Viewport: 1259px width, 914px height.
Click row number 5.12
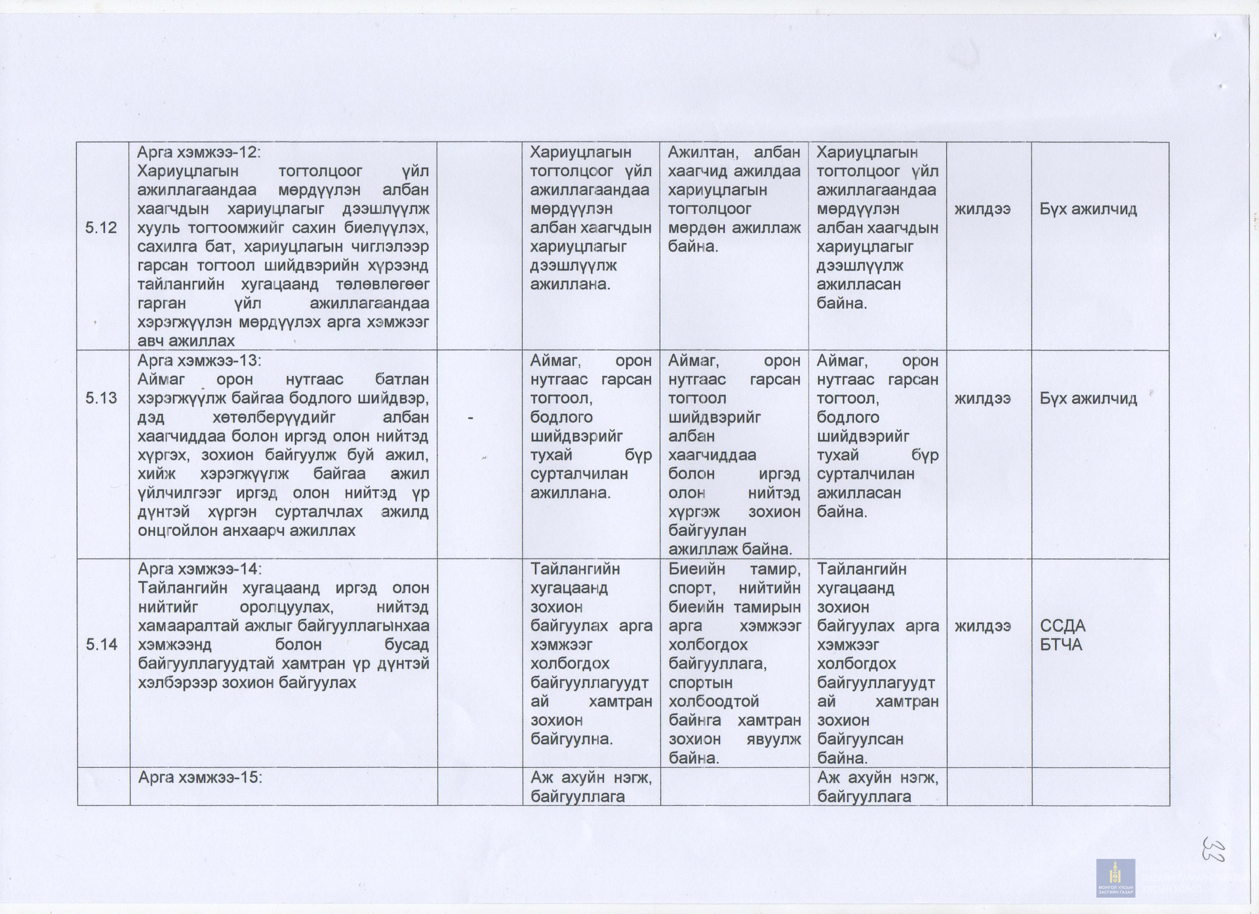[101, 228]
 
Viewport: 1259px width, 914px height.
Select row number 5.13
[101, 398]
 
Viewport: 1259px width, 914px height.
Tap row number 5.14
[102, 645]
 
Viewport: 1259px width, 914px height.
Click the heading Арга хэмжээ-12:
[199, 152]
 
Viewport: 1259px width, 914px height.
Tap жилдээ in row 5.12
[982, 209]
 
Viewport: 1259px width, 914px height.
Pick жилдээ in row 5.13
[982, 399]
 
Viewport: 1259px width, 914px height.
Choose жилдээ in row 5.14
[982, 626]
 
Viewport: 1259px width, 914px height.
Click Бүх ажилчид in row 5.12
[1088, 209]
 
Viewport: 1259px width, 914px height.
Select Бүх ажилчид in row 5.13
[1088, 399]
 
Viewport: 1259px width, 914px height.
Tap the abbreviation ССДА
[1063, 626]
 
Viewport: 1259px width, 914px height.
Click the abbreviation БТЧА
[1061, 645]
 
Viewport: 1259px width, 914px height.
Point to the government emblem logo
[1115, 878]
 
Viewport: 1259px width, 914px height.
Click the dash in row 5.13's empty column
[471, 418]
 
